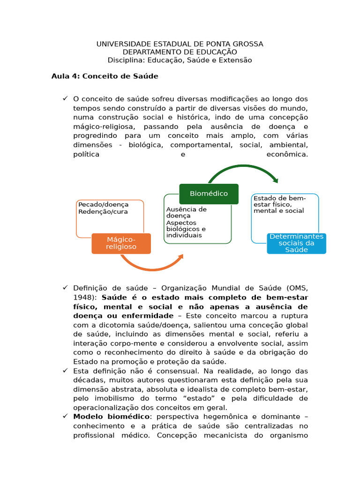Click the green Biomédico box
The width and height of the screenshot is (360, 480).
click(x=209, y=194)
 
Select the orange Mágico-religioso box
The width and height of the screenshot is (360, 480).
click(x=121, y=243)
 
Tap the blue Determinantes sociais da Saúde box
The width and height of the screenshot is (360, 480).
click(x=296, y=243)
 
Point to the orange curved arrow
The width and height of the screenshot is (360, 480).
click(x=150, y=266)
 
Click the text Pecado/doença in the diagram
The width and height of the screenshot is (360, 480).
click(x=104, y=204)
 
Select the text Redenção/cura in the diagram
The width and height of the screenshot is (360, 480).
click(x=103, y=211)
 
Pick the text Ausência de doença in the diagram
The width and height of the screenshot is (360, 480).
click(x=186, y=212)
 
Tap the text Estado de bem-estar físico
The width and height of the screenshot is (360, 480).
click(x=279, y=201)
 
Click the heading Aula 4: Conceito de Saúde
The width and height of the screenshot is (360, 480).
click(x=105, y=76)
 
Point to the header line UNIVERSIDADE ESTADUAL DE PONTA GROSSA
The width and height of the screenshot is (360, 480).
click(x=180, y=44)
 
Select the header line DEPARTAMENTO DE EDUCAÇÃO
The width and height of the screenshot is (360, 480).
click(x=180, y=52)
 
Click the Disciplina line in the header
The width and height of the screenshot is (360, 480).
click(x=180, y=60)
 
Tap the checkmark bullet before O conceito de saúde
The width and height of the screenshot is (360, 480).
click(x=65, y=98)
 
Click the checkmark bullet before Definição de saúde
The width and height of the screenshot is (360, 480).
click(x=65, y=287)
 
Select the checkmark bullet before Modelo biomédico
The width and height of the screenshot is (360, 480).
click(x=65, y=416)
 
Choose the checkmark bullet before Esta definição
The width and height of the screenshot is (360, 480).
click(x=65, y=370)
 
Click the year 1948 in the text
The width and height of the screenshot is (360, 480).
click(x=84, y=297)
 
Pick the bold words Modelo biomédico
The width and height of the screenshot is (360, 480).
click(x=112, y=416)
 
